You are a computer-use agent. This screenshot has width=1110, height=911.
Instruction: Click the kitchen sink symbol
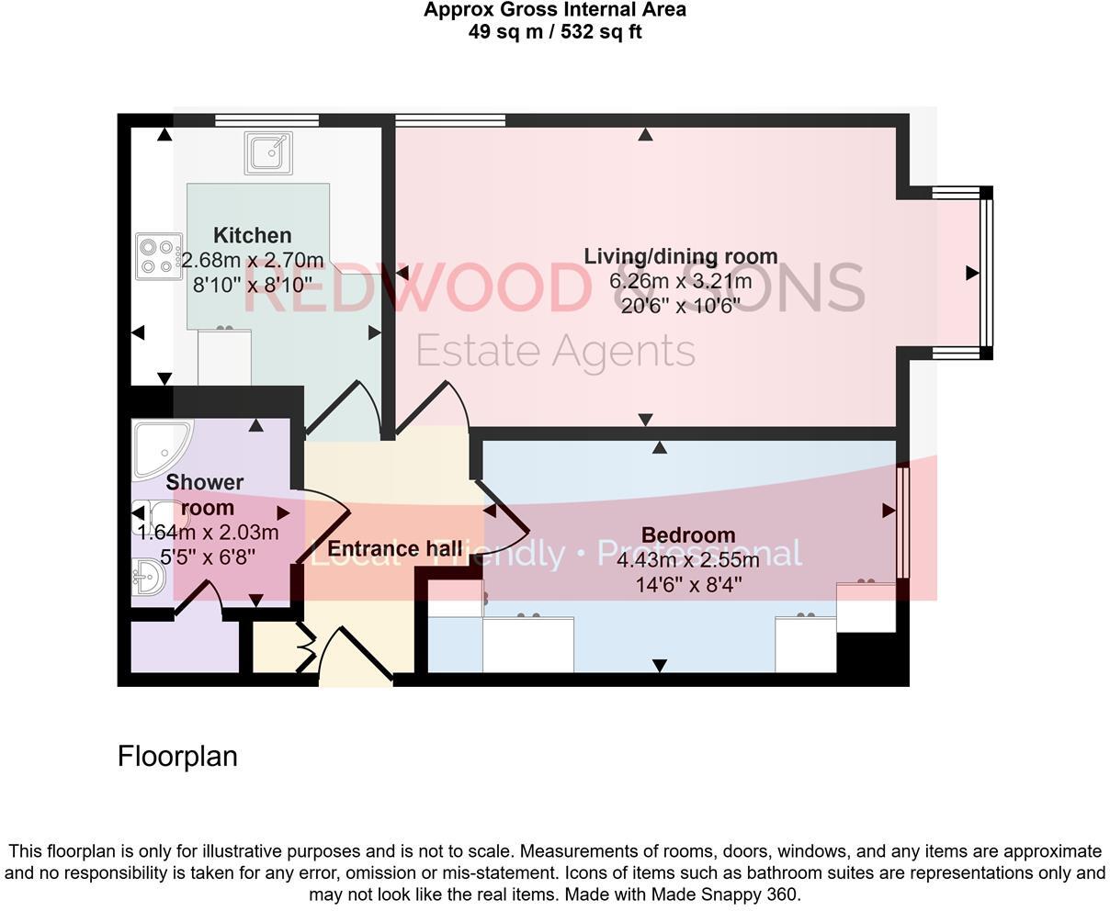click(x=268, y=152)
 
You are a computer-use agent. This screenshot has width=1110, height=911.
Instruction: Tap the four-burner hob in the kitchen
click(x=158, y=256)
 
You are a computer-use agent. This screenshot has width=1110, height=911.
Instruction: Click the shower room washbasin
click(x=147, y=578)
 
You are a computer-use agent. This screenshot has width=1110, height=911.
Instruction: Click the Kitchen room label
click(x=253, y=235)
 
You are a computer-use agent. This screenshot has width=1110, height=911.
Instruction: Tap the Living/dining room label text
click(x=681, y=256)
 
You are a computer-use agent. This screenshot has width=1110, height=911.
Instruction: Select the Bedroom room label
click(x=688, y=534)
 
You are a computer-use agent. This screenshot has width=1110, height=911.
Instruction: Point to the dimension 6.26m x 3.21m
click(x=681, y=281)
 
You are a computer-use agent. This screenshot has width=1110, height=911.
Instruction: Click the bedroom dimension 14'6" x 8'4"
click(x=688, y=584)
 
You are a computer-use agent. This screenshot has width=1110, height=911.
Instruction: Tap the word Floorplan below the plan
click(x=177, y=756)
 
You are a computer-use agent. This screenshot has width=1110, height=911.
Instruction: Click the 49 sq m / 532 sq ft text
click(x=555, y=32)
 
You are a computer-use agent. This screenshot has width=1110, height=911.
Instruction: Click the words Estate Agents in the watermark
click(x=555, y=351)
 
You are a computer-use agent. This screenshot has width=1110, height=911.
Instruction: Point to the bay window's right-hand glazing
click(x=986, y=274)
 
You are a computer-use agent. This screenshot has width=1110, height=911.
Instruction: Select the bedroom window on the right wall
click(x=902, y=523)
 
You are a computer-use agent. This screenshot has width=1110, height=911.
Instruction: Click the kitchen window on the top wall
click(x=266, y=119)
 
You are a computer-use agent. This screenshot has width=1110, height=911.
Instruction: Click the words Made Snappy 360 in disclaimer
click(x=726, y=894)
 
